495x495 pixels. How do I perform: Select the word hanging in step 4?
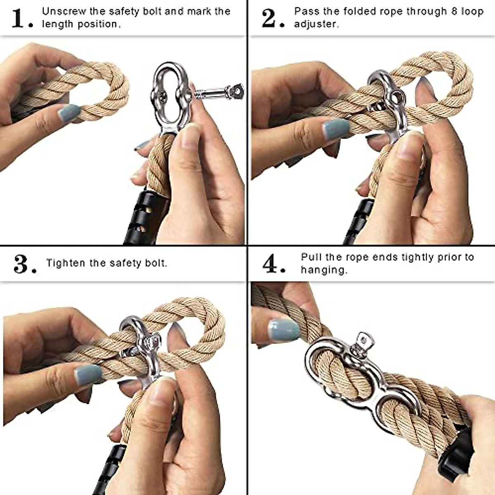323,270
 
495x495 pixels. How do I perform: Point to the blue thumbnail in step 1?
68,113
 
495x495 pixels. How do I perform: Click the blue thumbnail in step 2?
336,129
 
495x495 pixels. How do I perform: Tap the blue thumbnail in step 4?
283,330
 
